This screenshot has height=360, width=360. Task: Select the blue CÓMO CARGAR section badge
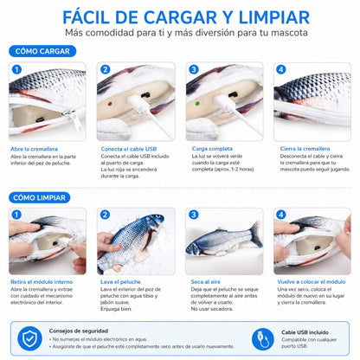(x=43, y=51)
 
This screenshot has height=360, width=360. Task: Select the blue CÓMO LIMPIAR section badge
(x=43, y=198)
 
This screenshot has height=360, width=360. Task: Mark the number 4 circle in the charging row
(x=282, y=68)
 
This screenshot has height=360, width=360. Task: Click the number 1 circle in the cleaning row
(x=16, y=214)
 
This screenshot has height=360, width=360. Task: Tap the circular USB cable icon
(x=260, y=337)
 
